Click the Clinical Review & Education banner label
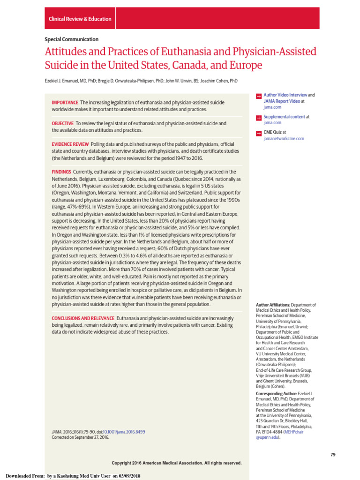pos(80,19)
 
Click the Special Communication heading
pos(72,39)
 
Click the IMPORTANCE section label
pos(65,102)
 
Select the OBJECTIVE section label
pos(63,123)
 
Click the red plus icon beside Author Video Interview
pos(258,96)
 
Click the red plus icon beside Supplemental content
pos(258,117)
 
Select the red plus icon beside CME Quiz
pos(258,133)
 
